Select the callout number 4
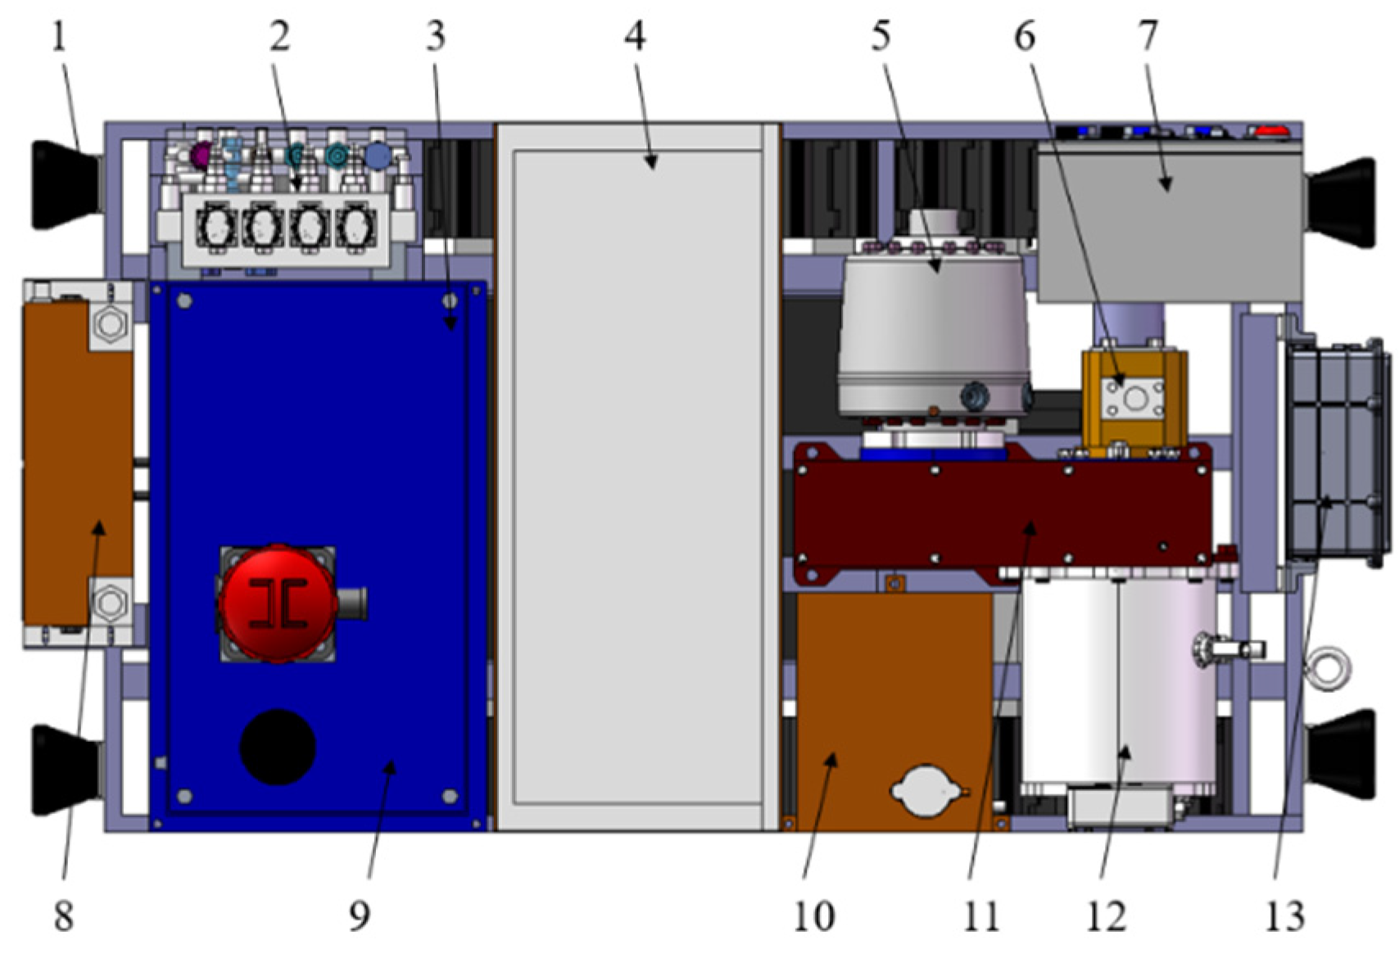tap(635, 37)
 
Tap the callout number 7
tap(1148, 37)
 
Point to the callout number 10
tap(814, 916)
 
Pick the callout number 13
tap(1284, 916)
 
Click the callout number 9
tap(359, 916)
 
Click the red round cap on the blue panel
tap(278, 604)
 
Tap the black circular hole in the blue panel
tap(278, 747)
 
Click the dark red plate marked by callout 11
tap(1003, 513)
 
